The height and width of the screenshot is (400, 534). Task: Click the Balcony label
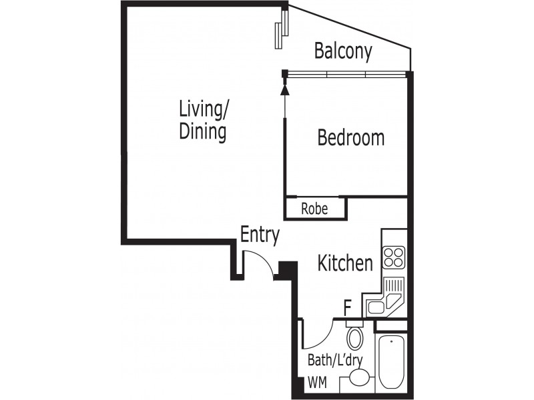coord(343,51)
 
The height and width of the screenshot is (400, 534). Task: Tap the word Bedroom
coord(351,137)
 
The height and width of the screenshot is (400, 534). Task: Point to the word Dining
coord(203,132)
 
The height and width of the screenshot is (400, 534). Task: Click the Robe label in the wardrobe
coord(314,209)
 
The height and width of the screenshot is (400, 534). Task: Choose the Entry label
coord(260,235)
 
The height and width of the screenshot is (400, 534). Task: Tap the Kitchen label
coord(345,263)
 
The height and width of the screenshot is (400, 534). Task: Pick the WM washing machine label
coord(318,383)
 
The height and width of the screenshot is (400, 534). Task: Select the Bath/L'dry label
coord(335,360)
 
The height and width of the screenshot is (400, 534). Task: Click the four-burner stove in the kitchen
coord(394,257)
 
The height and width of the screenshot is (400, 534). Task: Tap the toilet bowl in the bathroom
coord(355,338)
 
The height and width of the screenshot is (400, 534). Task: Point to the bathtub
coord(392,361)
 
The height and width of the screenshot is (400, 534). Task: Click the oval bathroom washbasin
coord(360,377)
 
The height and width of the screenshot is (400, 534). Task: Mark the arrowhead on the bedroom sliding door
coord(285,89)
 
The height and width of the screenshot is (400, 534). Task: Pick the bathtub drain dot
coord(392,341)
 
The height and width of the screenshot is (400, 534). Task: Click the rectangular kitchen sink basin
coord(376,308)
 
